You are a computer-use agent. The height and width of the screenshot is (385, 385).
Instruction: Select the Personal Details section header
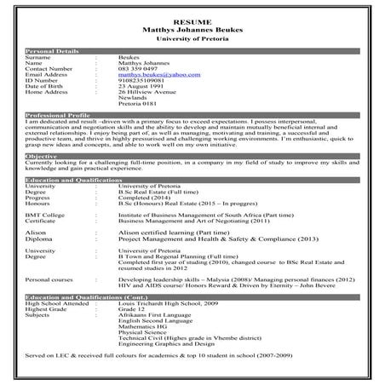[x=53, y=52]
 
